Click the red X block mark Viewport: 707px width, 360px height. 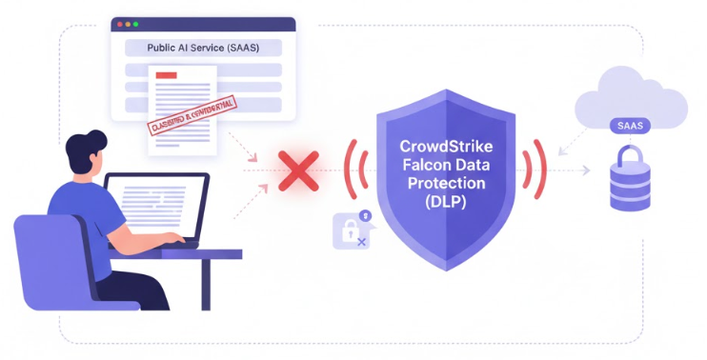pos(297,172)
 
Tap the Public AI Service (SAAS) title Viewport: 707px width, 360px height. pos(202,47)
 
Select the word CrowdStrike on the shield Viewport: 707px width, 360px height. pos(446,149)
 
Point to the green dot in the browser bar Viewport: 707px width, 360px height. pos(135,22)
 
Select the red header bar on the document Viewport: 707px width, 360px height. pos(167,74)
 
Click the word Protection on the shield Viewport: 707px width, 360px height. pos(446,183)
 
